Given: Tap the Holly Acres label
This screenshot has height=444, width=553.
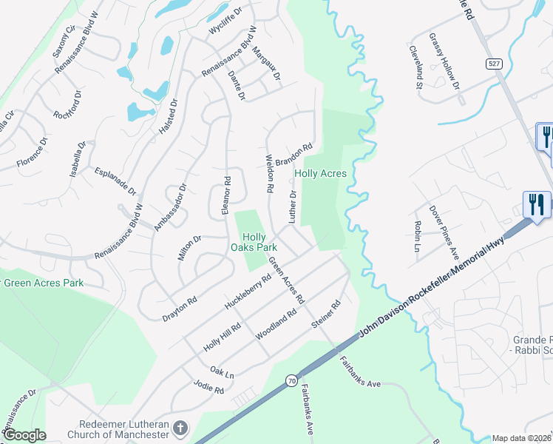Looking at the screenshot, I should point(320,173).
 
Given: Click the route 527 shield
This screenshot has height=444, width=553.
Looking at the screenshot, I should point(495,64).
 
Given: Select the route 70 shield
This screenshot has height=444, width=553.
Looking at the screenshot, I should point(292,380).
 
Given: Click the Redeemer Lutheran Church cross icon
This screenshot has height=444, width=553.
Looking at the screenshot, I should point(180,428).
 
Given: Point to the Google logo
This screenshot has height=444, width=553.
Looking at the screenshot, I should point(24,436).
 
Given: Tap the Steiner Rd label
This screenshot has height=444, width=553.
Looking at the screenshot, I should point(325,314).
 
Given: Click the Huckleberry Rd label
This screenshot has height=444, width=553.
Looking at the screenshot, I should point(247,293).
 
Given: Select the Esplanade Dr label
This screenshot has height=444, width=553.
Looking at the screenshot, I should point(116,181).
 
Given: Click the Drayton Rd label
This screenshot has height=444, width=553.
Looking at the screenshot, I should point(180,309).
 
